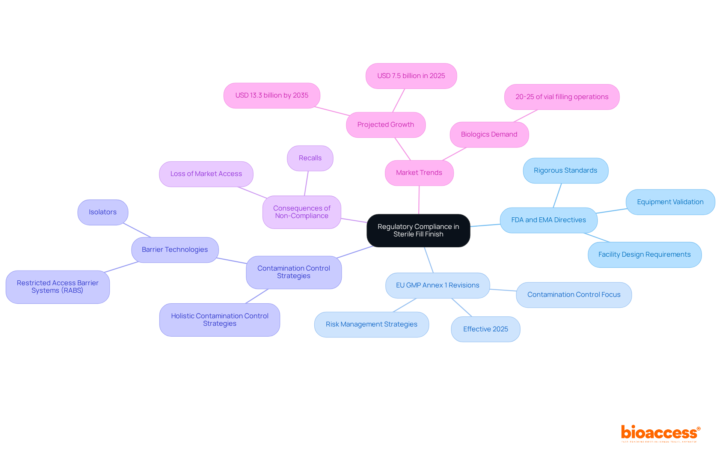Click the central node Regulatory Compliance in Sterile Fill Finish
[418, 230]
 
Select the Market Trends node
[419, 173]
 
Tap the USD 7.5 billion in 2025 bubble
[411, 76]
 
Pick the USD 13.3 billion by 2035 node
[272, 95]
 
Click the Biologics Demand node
[489, 134]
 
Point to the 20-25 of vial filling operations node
[562, 97]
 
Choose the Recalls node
[310, 158]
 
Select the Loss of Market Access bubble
[206, 174]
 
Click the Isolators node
[103, 212]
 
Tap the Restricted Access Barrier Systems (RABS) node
[57, 287]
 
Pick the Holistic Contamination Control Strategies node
[220, 320]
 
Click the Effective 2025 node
[486, 329]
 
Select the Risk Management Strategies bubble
[371, 324]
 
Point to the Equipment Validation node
[670, 202]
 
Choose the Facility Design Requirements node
[644, 254]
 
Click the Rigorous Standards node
[566, 170]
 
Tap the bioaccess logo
[660, 433]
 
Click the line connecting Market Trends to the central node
[419, 200]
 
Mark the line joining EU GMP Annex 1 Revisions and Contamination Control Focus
[503, 290]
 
